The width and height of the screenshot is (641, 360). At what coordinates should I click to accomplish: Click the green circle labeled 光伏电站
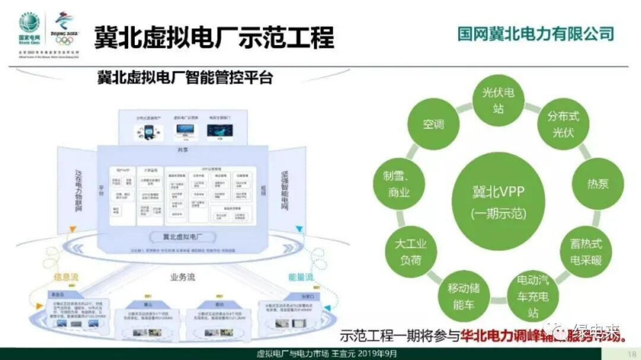click(x=497, y=101)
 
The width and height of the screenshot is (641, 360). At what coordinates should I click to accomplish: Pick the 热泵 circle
click(x=598, y=183)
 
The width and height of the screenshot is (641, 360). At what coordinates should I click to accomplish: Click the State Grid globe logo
click(x=29, y=24)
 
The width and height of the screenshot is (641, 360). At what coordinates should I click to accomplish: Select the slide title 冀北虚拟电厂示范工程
click(x=214, y=36)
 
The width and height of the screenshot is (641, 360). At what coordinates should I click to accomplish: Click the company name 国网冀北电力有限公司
click(x=535, y=33)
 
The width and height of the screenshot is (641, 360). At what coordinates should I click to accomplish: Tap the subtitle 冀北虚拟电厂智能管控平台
click(x=185, y=77)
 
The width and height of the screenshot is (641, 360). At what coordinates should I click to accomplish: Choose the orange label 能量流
click(x=301, y=277)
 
